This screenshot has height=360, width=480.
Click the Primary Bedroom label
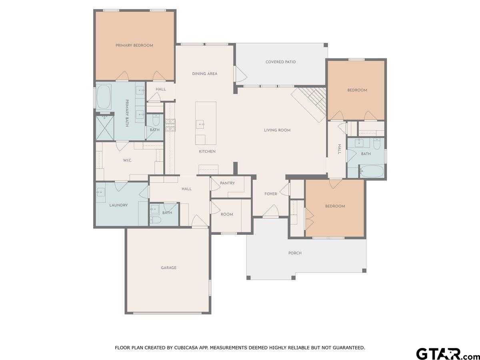(134, 46)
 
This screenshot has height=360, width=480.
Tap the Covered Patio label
(280, 62)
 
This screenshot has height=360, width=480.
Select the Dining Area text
(205, 74)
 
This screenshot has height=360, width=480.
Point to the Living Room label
(277, 130)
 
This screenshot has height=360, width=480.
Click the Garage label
(169, 268)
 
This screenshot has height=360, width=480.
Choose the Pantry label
(227, 183)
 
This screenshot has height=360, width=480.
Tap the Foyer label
(271, 194)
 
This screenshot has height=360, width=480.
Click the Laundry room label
(118, 205)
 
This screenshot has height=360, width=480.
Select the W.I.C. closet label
(127, 160)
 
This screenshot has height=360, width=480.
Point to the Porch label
(295, 253)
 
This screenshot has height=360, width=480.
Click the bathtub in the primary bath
(104, 97)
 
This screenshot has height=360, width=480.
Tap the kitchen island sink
(200, 124)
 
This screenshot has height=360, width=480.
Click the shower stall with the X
(105, 128)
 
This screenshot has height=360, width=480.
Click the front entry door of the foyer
(271, 211)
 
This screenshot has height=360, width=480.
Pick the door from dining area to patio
(240, 74)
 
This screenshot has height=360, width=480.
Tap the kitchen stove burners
(170, 125)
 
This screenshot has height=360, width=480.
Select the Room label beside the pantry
(227, 214)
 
